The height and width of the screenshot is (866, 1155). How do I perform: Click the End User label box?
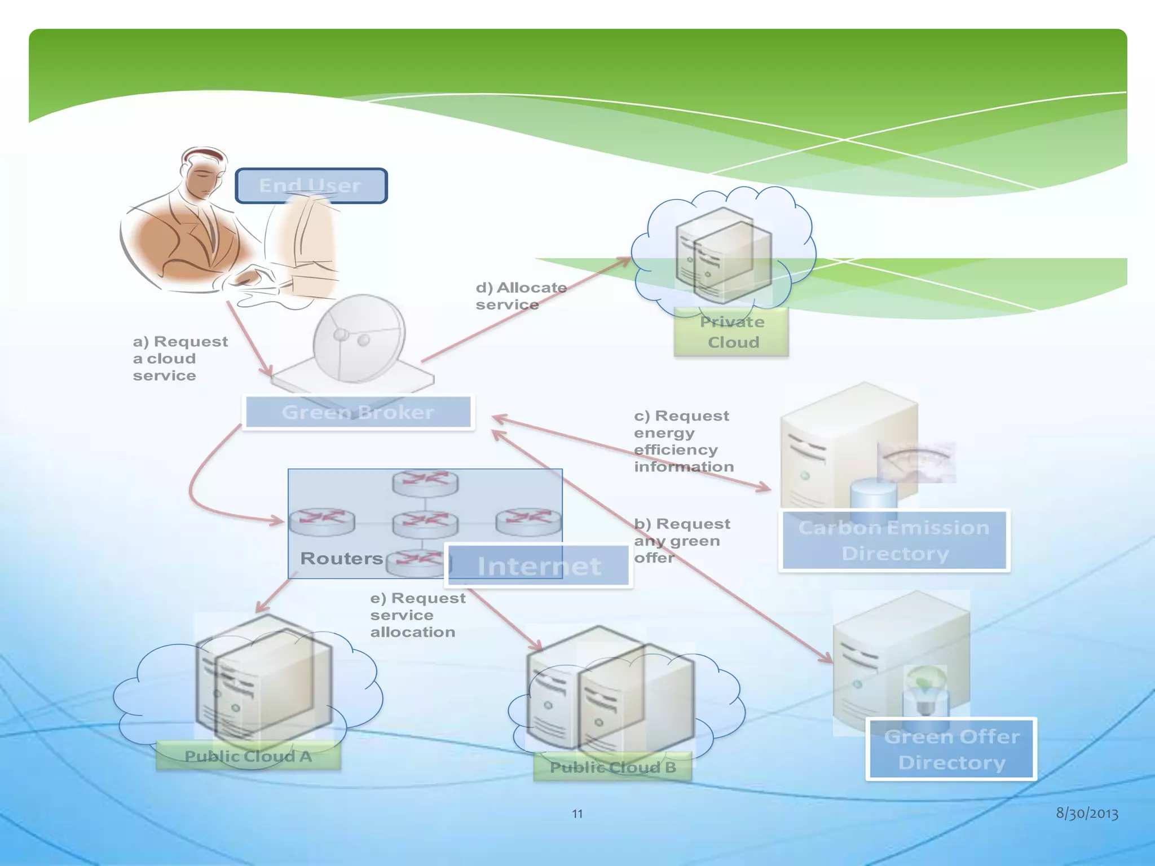click(311, 185)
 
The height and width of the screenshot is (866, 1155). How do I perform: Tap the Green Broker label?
click(358, 412)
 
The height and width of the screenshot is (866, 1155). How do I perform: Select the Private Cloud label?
click(732, 332)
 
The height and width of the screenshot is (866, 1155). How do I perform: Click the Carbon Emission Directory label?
click(894, 540)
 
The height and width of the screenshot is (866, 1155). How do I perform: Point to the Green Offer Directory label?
click(951, 749)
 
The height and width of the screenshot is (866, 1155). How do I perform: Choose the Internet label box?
click(539, 565)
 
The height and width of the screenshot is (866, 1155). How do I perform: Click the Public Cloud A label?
click(248, 756)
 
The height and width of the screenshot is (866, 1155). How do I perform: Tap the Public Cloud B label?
click(612, 767)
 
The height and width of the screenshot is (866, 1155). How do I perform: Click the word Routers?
click(341, 558)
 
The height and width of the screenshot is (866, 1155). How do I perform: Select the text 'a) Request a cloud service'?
click(179, 359)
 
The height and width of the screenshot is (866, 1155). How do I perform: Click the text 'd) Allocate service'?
click(521, 296)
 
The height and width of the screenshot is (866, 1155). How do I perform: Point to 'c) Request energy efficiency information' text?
click(683, 441)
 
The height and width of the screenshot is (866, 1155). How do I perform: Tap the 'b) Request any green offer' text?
click(681, 541)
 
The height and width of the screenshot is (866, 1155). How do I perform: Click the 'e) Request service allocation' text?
click(417, 615)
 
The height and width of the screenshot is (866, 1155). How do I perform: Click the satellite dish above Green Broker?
click(359, 338)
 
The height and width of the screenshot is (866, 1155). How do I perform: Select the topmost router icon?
click(425, 482)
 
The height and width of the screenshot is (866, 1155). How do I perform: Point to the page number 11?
click(577, 814)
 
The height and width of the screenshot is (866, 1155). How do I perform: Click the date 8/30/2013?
click(1087, 813)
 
